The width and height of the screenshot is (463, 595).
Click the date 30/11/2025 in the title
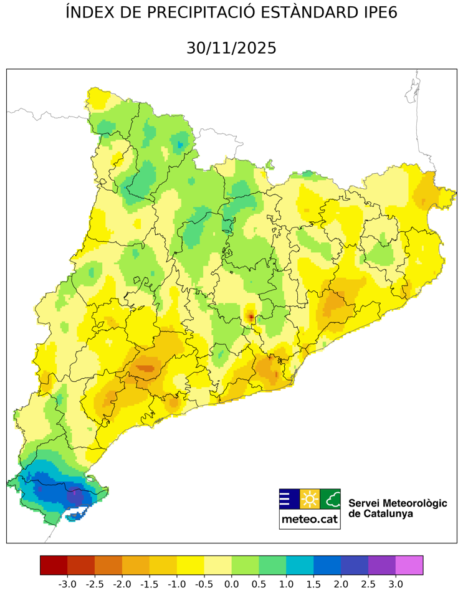(x=231, y=48)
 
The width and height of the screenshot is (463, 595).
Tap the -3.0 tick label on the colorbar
(x=67, y=584)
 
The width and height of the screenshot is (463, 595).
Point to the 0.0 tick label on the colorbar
(x=231, y=584)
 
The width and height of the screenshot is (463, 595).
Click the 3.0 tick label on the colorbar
(x=396, y=584)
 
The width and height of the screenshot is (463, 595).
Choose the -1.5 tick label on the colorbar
(x=149, y=584)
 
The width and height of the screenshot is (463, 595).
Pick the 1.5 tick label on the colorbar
(x=313, y=584)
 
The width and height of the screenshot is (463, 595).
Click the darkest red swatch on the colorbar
(x=54, y=565)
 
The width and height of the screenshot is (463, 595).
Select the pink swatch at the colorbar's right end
(x=409, y=565)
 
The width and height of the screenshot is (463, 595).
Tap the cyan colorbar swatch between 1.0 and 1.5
(x=300, y=565)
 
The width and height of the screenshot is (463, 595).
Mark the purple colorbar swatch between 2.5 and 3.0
(x=382, y=565)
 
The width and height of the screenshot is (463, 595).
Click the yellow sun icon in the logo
(x=310, y=499)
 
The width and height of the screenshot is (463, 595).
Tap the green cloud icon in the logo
(x=331, y=499)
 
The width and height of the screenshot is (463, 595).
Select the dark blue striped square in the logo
(x=289, y=499)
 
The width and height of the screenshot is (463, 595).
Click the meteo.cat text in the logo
(x=310, y=519)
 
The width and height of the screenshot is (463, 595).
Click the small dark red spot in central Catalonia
(x=251, y=318)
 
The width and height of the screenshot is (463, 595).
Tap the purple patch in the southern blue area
(x=75, y=497)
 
